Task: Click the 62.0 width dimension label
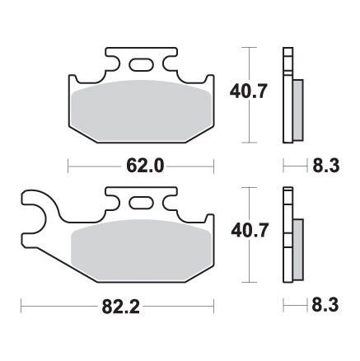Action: click(x=145, y=166)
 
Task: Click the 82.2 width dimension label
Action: click(x=121, y=306)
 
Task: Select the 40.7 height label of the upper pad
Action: click(x=248, y=91)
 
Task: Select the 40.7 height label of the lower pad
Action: click(x=249, y=231)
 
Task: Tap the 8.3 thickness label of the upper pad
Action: click(x=326, y=166)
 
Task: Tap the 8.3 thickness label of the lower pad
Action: click(x=325, y=305)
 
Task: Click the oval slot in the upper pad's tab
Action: click(x=142, y=65)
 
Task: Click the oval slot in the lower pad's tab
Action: click(x=142, y=204)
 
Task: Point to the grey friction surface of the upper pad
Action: click(x=142, y=111)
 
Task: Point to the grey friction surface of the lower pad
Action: click(x=142, y=251)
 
